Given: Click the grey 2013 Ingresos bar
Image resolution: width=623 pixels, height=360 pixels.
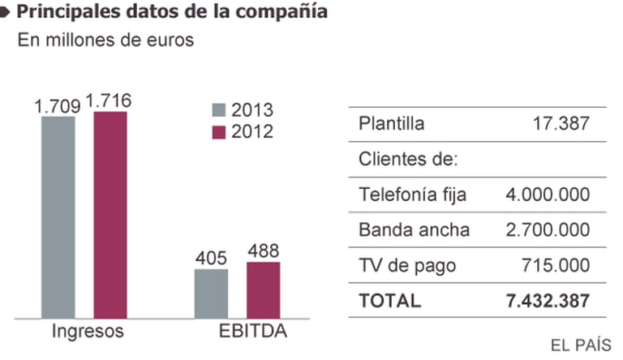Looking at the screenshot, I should tap(58, 216).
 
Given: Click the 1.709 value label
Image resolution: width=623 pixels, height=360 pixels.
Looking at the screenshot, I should tap(58, 105).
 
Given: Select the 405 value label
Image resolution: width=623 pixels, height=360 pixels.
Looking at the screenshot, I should tap(211, 257).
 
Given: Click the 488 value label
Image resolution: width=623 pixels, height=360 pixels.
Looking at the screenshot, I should tap(263, 250).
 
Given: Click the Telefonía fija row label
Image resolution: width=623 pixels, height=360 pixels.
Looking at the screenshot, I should tap(412, 195).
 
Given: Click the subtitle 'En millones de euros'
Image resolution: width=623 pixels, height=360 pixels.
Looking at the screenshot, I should tap(106, 41).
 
